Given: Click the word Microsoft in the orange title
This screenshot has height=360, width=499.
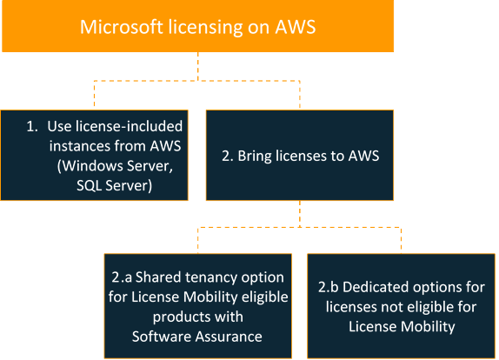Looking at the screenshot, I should (114, 26).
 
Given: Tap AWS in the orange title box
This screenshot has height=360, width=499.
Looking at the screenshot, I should (290, 26).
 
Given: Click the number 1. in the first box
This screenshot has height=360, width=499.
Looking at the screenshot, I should (32, 126).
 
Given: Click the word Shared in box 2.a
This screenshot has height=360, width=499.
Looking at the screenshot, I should (159, 277).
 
